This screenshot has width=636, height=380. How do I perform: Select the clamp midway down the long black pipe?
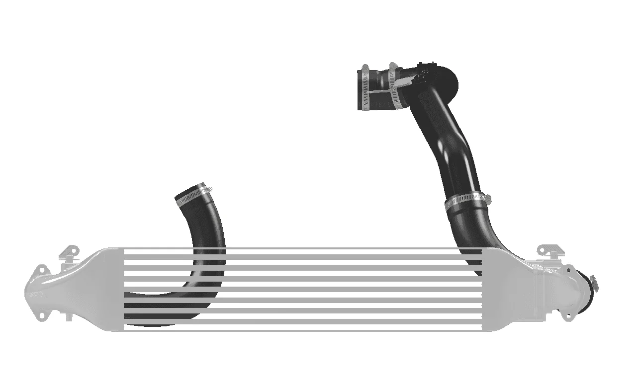coord(464,201)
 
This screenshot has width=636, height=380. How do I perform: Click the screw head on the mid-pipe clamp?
coord(487,199)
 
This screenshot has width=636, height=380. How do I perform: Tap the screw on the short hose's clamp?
coord(208,188)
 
